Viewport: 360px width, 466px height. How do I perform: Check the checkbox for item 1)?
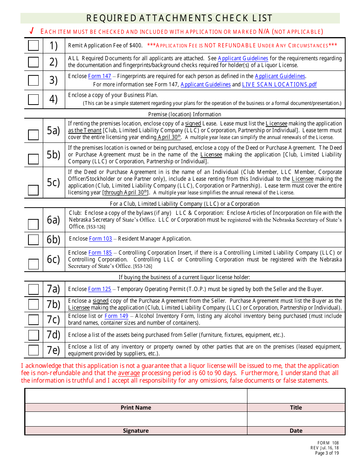coord(33,45)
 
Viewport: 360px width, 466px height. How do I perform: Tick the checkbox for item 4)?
coord(33,99)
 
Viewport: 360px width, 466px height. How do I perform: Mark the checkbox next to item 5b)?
coord(33,159)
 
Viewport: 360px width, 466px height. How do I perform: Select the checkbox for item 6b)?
coord(33,240)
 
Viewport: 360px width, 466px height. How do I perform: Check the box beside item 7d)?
coord(33,335)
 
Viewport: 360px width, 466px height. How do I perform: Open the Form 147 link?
coord(100,76)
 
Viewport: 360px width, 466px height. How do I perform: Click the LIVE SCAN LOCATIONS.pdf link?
coord(279,84)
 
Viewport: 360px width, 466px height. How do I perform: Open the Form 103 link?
coord(100,239)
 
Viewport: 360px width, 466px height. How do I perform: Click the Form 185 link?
coord(100,253)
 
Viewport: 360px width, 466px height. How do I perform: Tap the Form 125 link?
coord(100,289)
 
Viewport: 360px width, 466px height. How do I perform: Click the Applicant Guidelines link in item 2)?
coord(243,58)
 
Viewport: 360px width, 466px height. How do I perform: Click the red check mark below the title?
coord(32,31)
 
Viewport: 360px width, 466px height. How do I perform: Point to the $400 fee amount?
coord(135,45)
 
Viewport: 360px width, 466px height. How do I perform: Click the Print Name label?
coord(136,408)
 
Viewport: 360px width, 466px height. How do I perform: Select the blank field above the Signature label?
coord(136,419)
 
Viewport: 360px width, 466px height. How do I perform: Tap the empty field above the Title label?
coord(296,396)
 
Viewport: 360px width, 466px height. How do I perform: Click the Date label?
coord(296,431)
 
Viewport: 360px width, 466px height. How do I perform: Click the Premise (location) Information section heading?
coord(185,114)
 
